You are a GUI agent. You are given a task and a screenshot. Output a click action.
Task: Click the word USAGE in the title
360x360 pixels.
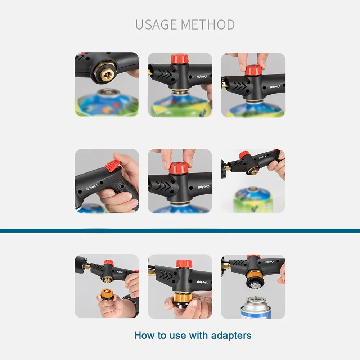pyautogui.click(x=156, y=24)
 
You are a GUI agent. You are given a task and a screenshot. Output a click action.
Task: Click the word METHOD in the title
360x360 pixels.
pyautogui.click(x=208, y=24)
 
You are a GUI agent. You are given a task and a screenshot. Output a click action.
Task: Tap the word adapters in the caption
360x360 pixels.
pyautogui.click(x=231, y=336)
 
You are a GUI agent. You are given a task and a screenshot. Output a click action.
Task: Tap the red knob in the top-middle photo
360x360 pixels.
pyautogui.click(x=180, y=59)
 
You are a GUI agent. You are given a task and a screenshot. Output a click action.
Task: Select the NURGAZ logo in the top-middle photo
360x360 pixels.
pyautogui.click(x=202, y=77)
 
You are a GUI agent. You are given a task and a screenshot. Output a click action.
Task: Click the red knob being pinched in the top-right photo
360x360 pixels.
pyautogui.click(x=253, y=70)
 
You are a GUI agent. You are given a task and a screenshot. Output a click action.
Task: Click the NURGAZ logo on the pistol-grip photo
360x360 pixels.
pyautogui.click(x=92, y=187)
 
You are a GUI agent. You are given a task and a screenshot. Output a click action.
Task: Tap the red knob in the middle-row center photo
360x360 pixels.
pyautogui.click(x=179, y=167)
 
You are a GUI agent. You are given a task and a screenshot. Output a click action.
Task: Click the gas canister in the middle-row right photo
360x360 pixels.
pyautogui.click(x=253, y=199)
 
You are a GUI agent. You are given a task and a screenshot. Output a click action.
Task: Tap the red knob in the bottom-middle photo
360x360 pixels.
pyautogui.click(x=183, y=264)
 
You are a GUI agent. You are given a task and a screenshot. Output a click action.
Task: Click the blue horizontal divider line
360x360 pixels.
pyautogui.click(x=180, y=231)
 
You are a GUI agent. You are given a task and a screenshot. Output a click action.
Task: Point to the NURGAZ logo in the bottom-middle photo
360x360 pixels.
pyautogui.click(x=202, y=282)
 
